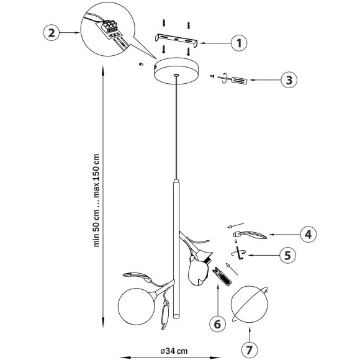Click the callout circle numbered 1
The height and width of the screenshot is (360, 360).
(239, 43)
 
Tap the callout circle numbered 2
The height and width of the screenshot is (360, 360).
(52, 33)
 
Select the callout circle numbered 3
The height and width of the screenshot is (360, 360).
(289, 80)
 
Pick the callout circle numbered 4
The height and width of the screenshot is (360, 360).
(308, 235)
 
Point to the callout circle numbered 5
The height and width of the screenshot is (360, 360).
(288, 255)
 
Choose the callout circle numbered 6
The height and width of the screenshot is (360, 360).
(217, 323)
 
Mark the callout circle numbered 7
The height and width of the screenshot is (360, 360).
(250, 349)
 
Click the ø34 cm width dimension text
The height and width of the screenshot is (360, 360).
(174, 351)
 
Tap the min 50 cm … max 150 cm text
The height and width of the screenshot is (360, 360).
(97, 200)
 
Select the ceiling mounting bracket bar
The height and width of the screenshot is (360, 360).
(176, 40)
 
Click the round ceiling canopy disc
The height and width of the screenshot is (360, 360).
(176, 71)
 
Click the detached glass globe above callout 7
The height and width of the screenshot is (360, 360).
(250, 304)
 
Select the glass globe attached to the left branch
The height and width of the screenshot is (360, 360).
(137, 306)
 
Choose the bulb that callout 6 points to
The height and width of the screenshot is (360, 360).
(222, 276)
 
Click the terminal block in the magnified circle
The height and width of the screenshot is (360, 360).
(110, 28)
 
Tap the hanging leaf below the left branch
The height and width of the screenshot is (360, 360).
(165, 315)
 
